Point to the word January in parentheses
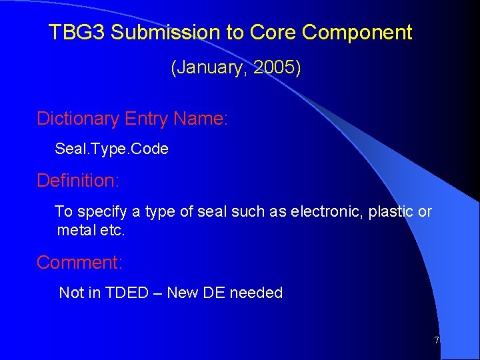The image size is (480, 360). (x=205, y=68)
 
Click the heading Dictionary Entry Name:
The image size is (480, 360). (x=132, y=119)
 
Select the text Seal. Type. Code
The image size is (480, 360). (x=111, y=149)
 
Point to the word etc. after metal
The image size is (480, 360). (x=114, y=231)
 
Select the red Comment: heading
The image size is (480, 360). (x=79, y=263)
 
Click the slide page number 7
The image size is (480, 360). (x=437, y=341)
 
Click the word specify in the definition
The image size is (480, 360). (x=102, y=212)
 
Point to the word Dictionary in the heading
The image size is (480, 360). (x=77, y=119)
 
